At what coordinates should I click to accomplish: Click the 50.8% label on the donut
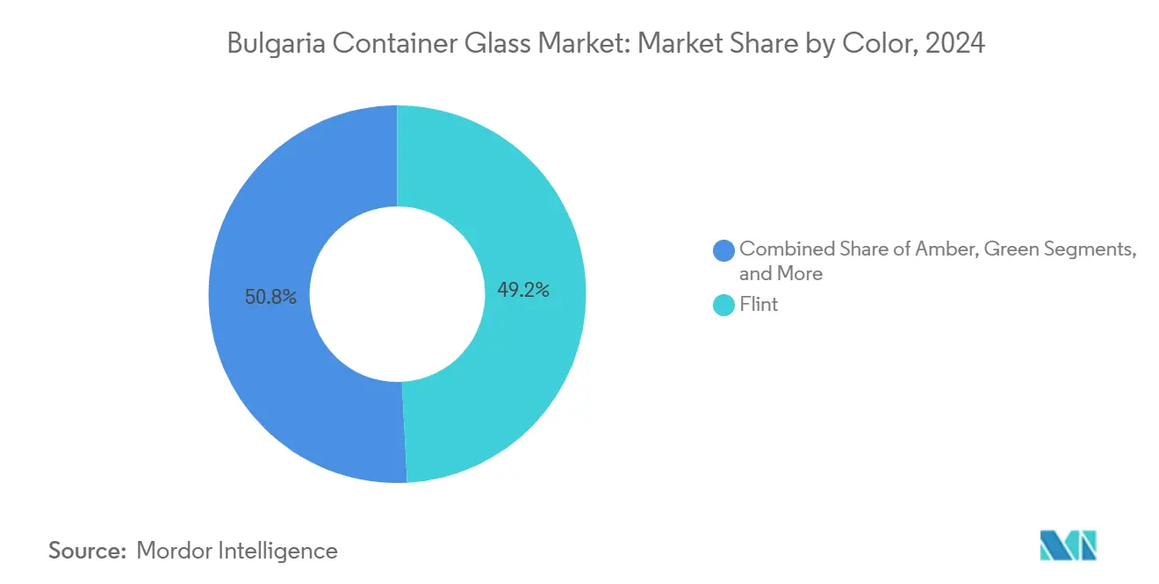271,298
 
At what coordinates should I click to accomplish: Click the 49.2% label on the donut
523,291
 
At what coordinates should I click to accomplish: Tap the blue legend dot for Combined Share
724,250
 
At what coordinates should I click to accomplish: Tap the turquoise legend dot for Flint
724,306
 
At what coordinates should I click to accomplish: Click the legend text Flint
759,306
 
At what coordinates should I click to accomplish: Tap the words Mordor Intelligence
237,551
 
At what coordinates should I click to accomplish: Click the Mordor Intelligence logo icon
1068,544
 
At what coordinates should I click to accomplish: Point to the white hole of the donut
398,294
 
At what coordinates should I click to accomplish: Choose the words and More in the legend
781,273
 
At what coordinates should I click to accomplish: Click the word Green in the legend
1011,249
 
